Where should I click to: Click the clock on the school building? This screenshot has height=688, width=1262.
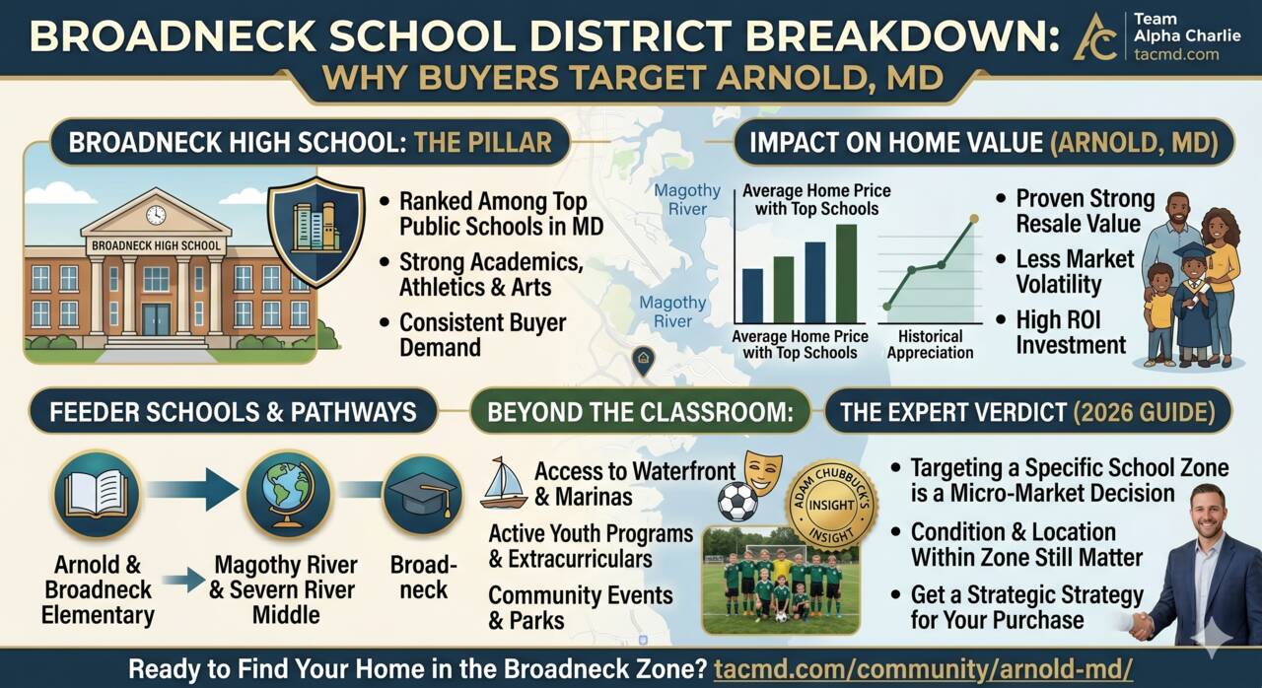tap(156, 215)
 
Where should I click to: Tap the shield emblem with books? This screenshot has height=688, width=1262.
tap(316, 231)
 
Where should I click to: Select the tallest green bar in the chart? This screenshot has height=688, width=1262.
tap(846, 274)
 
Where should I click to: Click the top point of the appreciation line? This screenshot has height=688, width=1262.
tap(974, 219)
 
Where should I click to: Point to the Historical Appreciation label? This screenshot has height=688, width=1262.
tap(930, 345)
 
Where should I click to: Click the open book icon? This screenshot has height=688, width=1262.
tap(97, 495)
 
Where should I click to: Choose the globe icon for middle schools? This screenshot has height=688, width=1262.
tap(288, 495)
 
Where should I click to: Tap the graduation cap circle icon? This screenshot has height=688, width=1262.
tap(423, 496)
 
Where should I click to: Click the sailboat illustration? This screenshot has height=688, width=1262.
tap(503, 483)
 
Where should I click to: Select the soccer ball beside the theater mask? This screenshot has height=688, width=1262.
tap(738, 502)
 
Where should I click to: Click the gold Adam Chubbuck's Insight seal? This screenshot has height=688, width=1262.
tap(831, 505)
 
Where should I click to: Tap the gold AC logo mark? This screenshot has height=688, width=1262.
tap(1095, 37)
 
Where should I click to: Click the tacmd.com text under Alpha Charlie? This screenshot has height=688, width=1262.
tap(1176, 54)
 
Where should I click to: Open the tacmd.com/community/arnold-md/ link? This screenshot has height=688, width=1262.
tap(924, 669)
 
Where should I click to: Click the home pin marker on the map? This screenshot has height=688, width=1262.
tap(644, 361)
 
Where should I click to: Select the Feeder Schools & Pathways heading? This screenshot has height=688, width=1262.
tap(233, 412)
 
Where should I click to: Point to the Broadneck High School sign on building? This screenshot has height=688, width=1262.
tap(156, 245)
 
